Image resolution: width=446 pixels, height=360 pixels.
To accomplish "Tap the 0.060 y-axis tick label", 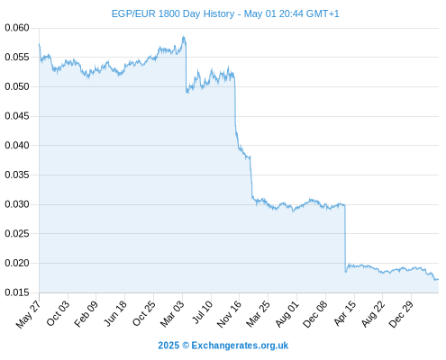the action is [17, 28].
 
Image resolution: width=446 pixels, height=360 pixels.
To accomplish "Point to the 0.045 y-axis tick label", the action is [17, 116].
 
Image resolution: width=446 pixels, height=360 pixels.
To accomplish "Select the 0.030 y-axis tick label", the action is [17, 204].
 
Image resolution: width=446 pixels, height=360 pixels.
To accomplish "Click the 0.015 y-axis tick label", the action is [17, 292].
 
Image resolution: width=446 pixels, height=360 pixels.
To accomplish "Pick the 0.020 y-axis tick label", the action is [17, 263].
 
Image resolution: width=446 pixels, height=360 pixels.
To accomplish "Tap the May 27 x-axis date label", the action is [29, 314].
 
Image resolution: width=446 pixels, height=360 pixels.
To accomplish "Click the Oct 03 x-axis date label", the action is [58, 313].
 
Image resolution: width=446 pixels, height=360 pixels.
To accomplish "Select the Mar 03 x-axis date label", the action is [172, 314].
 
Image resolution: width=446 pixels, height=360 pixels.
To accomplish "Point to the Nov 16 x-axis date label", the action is [229, 314].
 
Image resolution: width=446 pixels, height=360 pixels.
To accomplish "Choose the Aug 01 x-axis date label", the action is [287, 314].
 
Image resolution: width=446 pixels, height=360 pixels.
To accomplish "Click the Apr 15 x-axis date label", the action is [345, 313].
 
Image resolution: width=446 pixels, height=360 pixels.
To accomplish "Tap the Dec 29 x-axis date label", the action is [401, 314].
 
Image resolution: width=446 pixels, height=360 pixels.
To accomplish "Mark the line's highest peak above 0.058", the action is [183, 37].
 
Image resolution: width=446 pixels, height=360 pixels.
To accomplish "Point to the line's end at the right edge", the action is [438, 279].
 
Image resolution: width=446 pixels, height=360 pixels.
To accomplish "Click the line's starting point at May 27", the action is [39, 44].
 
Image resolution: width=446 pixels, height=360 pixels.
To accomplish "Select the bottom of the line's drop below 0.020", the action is [346, 272].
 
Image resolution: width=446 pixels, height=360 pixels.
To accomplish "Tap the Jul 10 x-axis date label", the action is [202, 312].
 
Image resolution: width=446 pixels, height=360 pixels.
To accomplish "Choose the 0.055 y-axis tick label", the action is [17, 57].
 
